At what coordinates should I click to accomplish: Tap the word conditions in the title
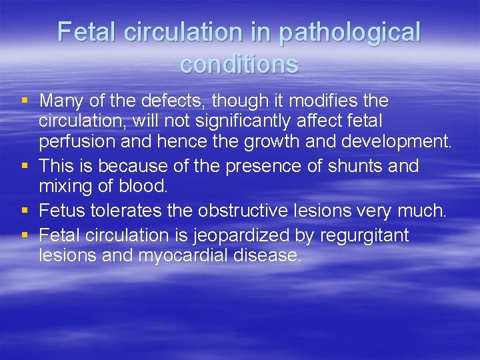click(239, 65)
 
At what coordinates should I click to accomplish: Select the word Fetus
click(62, 211)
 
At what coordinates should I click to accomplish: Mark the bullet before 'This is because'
click(25, 166)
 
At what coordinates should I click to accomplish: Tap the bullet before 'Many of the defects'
click(25, 102)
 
